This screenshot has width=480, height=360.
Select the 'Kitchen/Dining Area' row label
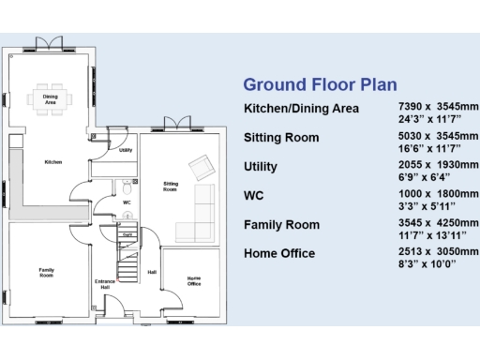tap(301, 109)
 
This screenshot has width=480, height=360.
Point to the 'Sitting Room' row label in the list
tap(281, 138)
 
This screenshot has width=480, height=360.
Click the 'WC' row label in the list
tap(255, 196)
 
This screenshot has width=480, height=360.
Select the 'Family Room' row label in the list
tap(281, 225)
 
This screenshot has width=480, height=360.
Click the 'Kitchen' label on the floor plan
tap(53, 162)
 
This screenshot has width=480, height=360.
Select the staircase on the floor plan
tap(126, 248)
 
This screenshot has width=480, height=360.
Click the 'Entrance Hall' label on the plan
tap(105, 283)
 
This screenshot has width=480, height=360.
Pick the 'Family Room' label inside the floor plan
tap(46, 273)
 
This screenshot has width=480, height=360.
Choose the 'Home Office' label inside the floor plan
tap(194, 280)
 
